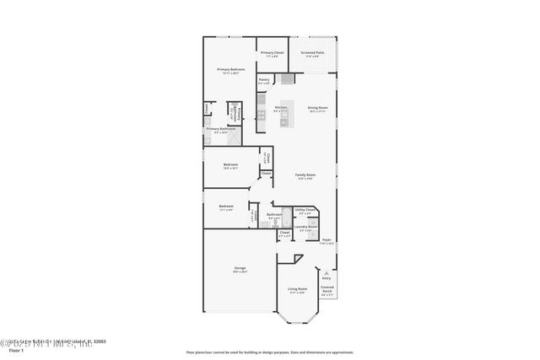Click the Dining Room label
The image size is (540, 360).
point(317,109)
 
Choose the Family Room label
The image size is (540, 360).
point(305,176)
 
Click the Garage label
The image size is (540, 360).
point(240,270)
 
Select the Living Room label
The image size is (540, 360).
point(297,290)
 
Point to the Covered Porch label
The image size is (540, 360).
point(327,292)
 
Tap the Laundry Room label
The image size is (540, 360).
point(309,228)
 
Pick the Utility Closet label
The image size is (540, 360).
point(305,211)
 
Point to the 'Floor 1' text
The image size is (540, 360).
point(15,351)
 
